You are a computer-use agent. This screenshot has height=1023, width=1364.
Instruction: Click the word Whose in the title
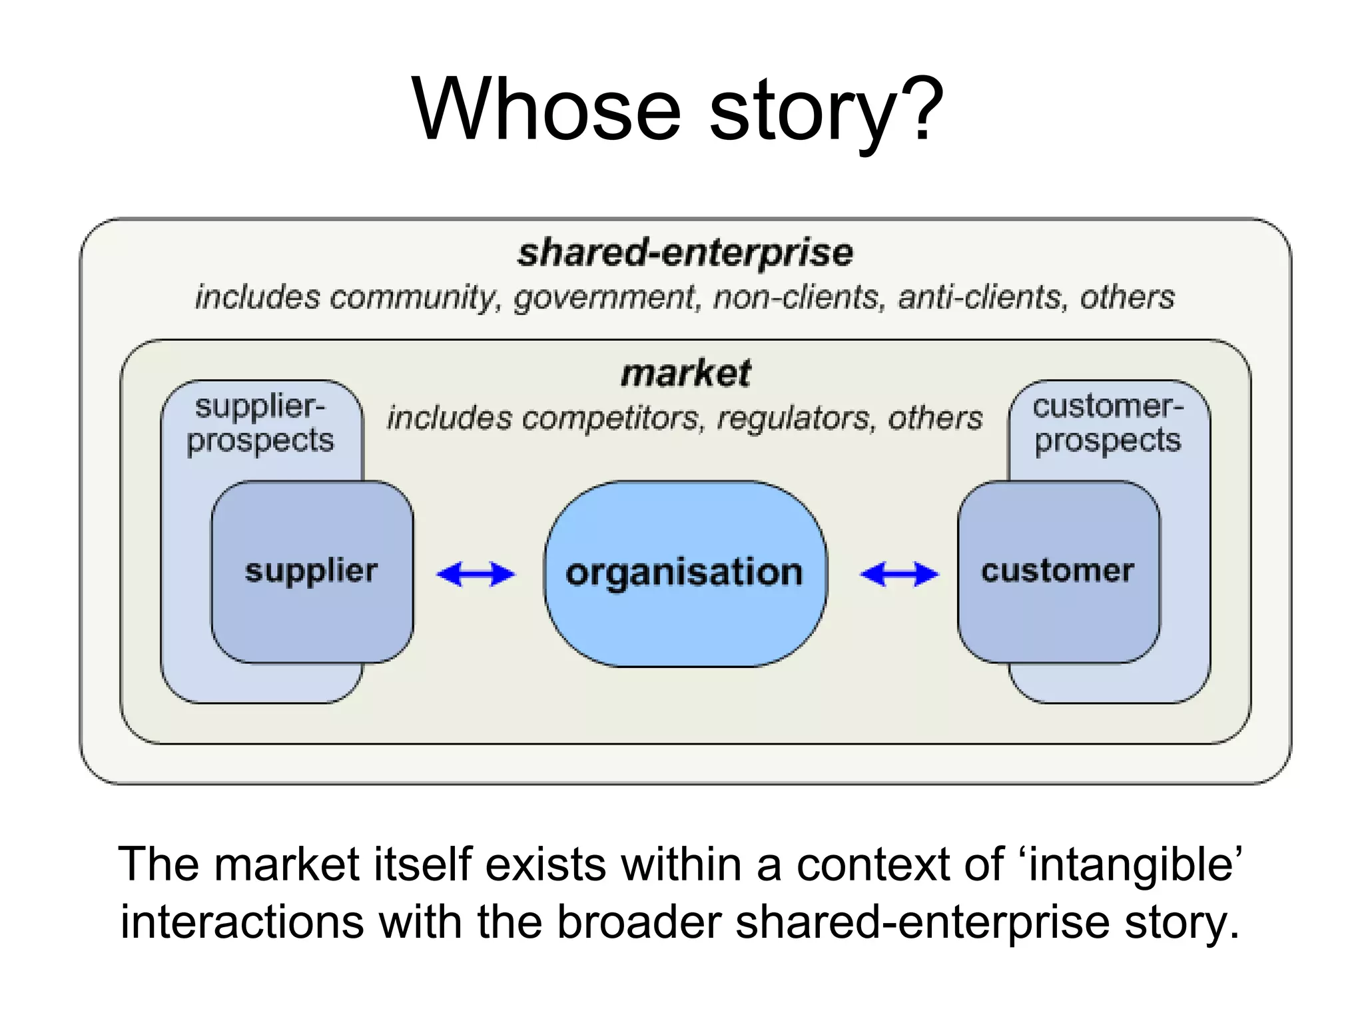click(x=546, y=110)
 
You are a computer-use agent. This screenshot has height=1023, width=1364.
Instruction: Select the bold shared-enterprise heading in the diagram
click(x=685, y=253)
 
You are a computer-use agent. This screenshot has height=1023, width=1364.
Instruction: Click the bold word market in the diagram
click(x=685, y=373)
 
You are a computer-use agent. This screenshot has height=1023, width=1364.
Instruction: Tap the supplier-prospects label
click(x=260, y=424)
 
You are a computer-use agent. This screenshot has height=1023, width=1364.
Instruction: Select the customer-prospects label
click(x=1108, y=424)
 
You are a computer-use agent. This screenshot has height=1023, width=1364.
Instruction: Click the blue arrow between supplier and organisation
click(x=476, y=574)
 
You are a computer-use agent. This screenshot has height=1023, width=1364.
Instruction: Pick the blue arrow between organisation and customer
click(x=899, y=574)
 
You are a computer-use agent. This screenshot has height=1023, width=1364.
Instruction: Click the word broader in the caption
click(x=639, y=922)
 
